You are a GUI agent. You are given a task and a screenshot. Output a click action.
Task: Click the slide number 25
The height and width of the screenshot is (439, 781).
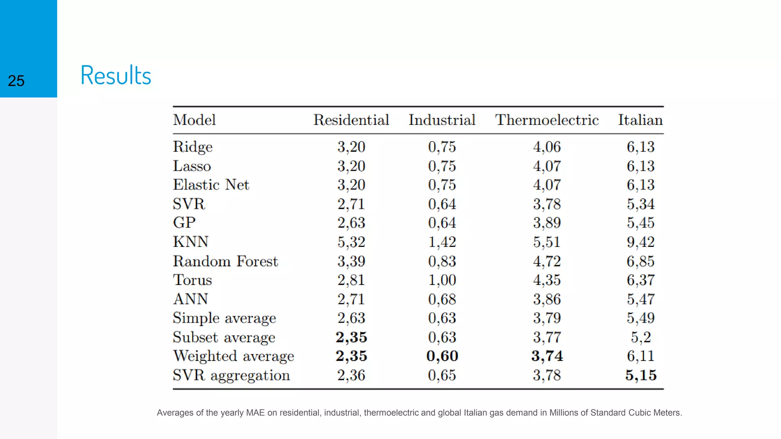16,81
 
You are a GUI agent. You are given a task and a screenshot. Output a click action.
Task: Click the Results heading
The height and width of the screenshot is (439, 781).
116,75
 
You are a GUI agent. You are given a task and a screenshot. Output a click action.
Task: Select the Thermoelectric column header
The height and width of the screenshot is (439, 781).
546,120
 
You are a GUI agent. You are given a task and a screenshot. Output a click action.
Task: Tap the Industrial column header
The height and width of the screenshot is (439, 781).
442,120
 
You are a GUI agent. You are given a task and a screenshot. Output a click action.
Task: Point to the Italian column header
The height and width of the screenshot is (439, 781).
640,120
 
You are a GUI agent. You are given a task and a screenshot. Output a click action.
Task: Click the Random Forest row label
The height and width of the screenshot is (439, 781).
225,261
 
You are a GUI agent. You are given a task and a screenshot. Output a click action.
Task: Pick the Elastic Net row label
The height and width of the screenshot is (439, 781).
211,185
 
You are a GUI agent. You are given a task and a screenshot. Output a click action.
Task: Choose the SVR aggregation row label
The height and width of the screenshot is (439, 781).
231,375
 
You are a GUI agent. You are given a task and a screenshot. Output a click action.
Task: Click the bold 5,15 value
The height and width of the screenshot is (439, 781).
641,375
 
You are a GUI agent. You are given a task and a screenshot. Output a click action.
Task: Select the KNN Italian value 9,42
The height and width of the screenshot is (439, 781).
641,242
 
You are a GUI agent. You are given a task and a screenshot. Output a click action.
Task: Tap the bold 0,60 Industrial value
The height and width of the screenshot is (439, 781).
442,356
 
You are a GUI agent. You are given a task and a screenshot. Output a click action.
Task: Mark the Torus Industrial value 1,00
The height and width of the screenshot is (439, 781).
442,280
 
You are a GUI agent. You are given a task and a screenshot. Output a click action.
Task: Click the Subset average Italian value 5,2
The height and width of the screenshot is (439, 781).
641,337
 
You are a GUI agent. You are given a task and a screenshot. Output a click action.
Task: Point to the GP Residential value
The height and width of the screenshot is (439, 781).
351,223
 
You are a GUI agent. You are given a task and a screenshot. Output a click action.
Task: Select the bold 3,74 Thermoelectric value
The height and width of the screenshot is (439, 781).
547,356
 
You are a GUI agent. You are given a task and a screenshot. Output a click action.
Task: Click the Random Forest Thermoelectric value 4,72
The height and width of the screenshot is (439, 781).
547,261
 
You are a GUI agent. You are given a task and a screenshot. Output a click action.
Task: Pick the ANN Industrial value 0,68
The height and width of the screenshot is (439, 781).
442,299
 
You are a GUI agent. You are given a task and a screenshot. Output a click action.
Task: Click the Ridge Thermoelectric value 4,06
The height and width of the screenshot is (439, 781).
547,147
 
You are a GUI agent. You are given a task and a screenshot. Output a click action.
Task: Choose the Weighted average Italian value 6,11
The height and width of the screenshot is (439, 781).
641,356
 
